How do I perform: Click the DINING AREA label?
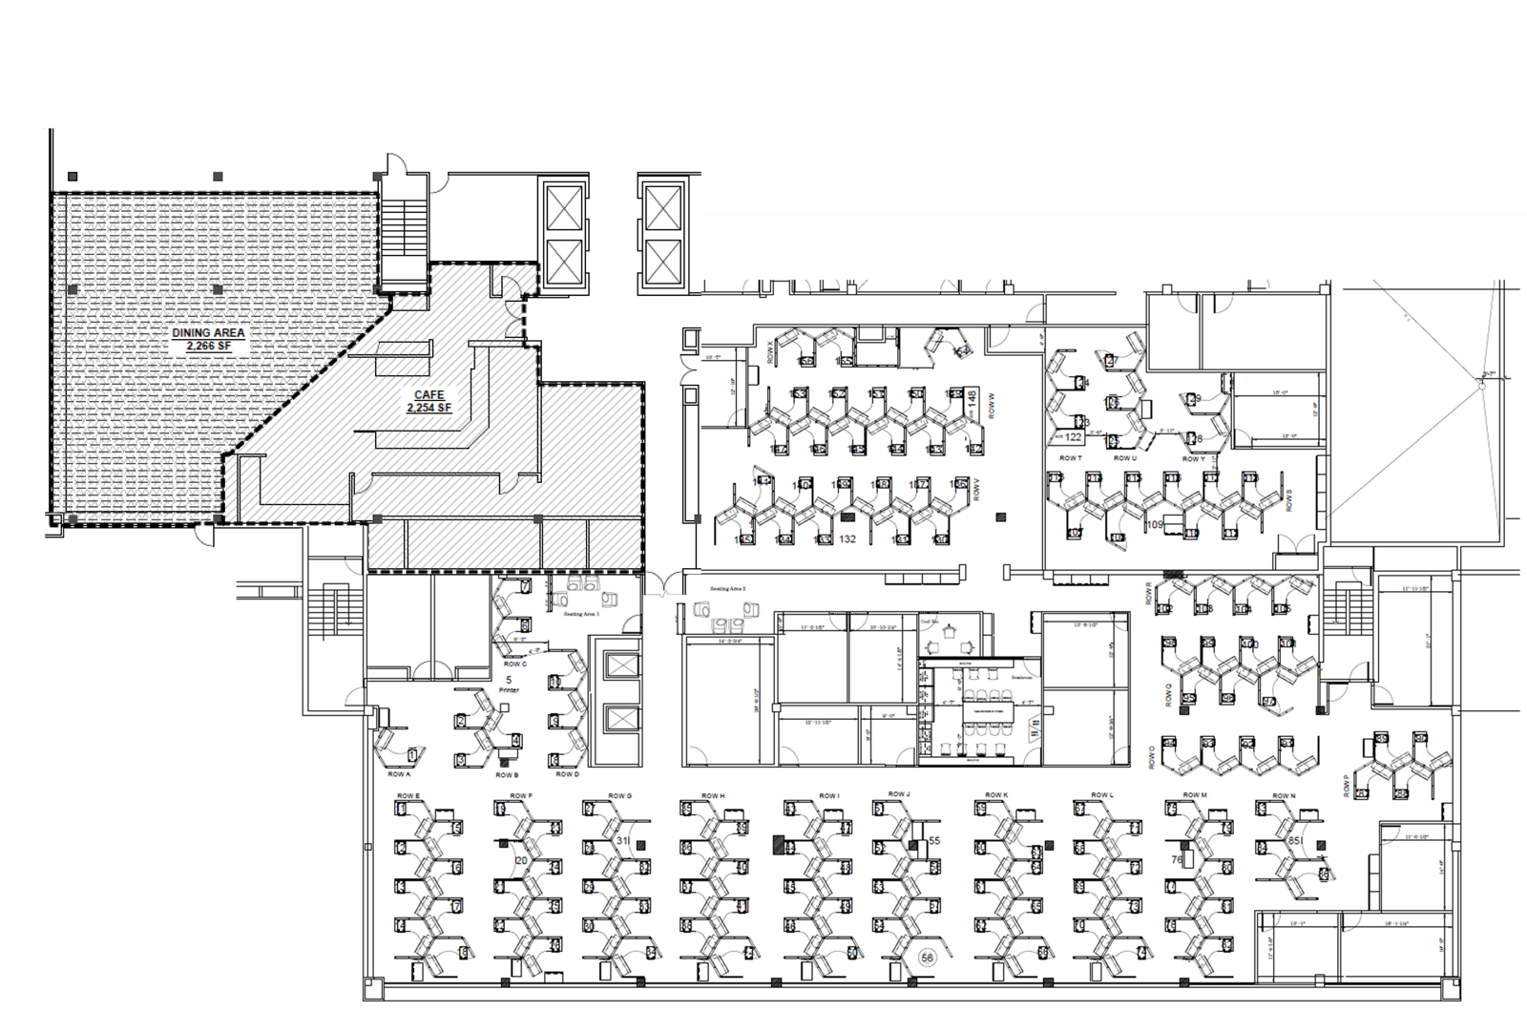pyautogui.click(x=208, y=332)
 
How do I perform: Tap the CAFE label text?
pyautogui.click(x=429, y=394)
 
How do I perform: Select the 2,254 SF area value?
pyautogui.click(x=429, y=408)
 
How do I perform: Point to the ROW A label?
pyautogui.click(x=400, y=775)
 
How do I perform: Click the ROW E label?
pyautogui.click(x=408, y=795)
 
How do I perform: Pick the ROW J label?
pyautogui.click(x=899, y=794)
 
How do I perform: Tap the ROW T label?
pyautogui.click(x=1070, y=458)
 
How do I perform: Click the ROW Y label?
pyautogui.click(x=1193, y=459)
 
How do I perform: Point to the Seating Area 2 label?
pyautogui.click(x=727, y=589)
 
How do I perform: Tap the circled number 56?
pyautogui.click(x=925, y=957)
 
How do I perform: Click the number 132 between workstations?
pyautogui.click(x=847, y=539)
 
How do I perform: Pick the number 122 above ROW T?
pyautogui.click(x=1073, y=437)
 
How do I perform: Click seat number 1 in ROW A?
pyautogui.click(x=412, y=755)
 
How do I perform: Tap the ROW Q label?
pyautogui.click(x=1169, y=694)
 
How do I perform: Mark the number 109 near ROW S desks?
pyautogui.click(x=1155, y=524)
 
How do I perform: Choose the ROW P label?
pyautogui.click(x=1347, y=785)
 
